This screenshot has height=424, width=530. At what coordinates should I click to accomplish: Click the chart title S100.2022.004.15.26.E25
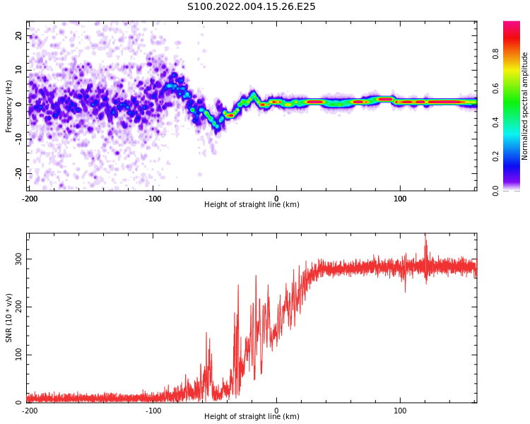(x=251, y=7)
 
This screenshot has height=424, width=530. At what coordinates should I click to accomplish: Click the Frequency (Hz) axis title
(x=8, y=106)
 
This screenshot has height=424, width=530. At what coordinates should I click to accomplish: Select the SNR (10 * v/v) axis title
(x=8, y=318)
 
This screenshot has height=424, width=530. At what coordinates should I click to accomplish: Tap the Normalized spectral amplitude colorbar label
(x=524, y=106)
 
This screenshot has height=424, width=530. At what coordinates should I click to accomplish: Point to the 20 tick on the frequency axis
(x=18, y=35)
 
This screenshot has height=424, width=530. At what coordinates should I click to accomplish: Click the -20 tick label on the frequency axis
(x=18, y=173)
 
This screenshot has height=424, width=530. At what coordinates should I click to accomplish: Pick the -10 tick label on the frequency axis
(x=18, y=139)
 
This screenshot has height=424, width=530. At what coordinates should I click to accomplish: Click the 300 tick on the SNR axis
(x=18, y=259)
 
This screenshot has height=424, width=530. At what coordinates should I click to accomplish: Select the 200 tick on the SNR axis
(x=18, y=307)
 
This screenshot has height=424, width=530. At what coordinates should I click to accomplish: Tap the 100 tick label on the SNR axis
(x=18, y=355)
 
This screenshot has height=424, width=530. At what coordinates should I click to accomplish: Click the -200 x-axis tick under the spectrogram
(x=30, y=199)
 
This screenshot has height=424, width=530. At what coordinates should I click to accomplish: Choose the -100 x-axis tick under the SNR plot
(x=153, y=411)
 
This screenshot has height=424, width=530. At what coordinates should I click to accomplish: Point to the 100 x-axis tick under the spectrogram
(x=400, y=199)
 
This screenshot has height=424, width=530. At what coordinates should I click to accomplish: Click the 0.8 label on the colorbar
(x=495, y=54)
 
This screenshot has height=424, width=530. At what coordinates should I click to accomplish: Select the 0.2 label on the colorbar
(x=495, y=156)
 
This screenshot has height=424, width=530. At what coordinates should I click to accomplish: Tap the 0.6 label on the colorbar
(x=495, y=88)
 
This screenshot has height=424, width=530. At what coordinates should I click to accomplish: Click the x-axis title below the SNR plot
(x=252, y=416)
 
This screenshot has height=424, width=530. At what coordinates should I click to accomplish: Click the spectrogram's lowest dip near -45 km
(x=218, y=127)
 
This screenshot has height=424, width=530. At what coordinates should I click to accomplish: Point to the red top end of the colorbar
(x=512, y=23)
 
